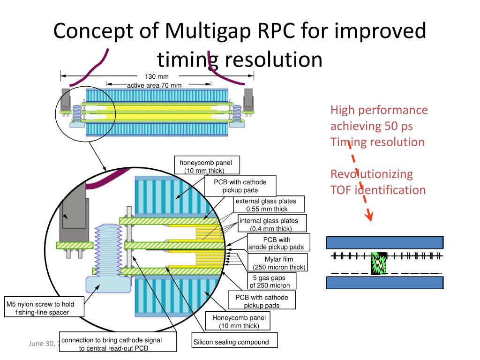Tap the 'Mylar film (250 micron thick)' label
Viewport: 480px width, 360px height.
click(x=279, y=263)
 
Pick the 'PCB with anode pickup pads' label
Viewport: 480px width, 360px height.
click(x=277, y=243)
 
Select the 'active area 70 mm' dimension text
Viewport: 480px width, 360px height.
click(x=154, y=85)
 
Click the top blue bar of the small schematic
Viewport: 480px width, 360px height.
click(x=384, y=242)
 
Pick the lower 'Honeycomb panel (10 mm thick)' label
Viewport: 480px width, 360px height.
click(x=239, y=322)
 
